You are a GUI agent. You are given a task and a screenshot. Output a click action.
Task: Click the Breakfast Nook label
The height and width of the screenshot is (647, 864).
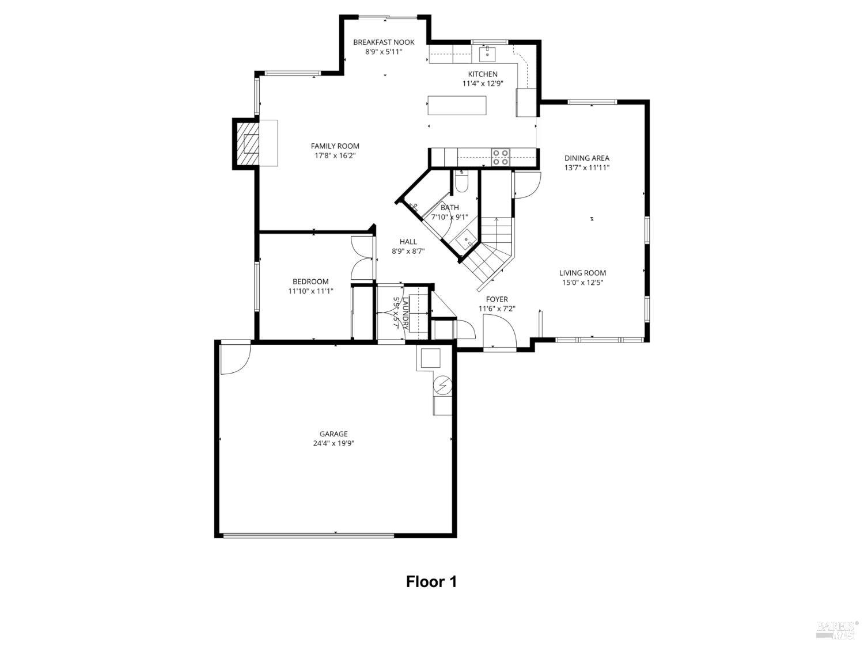(x=384, y=42)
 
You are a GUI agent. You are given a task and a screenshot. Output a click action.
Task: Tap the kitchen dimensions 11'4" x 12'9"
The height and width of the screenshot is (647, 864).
(x=483, y=83)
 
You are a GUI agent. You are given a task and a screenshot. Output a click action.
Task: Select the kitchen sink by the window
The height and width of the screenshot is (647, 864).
(x=488, y=54)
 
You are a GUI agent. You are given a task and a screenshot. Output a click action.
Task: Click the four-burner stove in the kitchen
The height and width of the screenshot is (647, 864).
(x=501, y=157)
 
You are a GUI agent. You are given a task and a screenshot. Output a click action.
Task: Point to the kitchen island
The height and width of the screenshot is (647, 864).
(x=457, y=106)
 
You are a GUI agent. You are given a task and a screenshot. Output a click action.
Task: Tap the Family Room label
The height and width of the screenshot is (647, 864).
(x=335, y=146)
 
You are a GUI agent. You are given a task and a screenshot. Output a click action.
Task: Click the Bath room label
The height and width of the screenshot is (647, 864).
(x=450, y=208)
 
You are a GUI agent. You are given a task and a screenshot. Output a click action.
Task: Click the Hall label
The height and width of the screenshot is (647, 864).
(x=408, y=242)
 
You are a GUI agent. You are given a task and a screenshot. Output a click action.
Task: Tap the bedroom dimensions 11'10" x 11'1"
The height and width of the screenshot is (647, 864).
(x=310, y=291)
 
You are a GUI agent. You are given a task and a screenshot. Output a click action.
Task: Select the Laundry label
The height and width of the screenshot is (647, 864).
(x=404, y=313)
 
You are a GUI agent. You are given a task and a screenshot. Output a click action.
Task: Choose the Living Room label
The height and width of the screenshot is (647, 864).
(x=582, y=273)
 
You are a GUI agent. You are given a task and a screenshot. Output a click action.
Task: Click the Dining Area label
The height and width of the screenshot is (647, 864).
(x=586, y=158)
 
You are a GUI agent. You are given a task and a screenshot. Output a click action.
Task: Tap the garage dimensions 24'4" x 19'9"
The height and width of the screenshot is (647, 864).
(x=334, y=444)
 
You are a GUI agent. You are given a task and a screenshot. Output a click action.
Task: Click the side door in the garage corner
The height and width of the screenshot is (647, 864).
(x=234, y=358)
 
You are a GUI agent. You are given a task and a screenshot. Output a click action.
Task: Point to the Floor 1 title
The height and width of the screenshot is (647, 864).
(x=431, y=582)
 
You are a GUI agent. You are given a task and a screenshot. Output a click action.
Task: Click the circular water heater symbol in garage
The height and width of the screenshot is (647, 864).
(x=443, y=385)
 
